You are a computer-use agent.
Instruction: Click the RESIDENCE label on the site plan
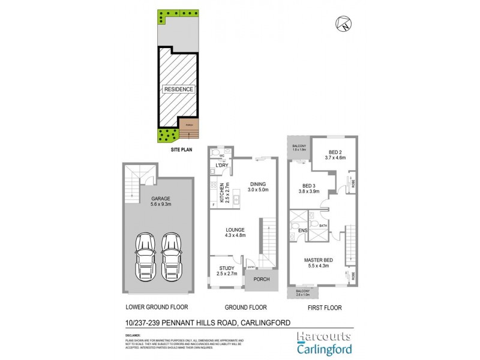click(179, 89)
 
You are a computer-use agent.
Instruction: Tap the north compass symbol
click(343, 25)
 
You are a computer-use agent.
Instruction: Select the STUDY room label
click(227, 269)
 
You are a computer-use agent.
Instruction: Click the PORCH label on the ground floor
click(262, 279)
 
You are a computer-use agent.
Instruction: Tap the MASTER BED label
click(320, 260)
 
